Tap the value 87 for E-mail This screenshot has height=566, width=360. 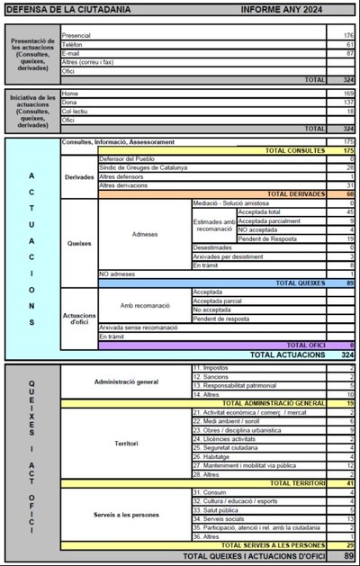pyautogui.click(x=348, y=53)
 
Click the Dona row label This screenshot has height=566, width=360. pyautogui.click(x=70, y=103)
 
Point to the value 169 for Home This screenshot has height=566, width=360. pyautogui.click(x=347, y=94)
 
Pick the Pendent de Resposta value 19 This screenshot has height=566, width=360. pyautogui.click(x=349, y=238)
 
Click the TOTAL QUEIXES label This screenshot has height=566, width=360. pyautogui.click(x=300, y=283)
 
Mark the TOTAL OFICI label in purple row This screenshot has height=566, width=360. pyautogui.click(x=305, y=345)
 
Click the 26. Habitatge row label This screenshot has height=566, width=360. pyautogui.click(x=212, y=456)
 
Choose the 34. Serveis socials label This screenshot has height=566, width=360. pyautogui.click(x=219, y=518)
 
